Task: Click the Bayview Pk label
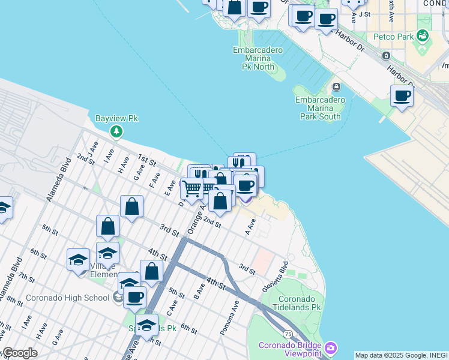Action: click(x=116, y=118)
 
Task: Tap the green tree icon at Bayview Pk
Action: click(x=116, y=131)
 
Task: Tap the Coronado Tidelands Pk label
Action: click(x=300, y=302)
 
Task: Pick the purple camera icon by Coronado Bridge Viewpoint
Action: click(x=331, y=348)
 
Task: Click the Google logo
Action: click(x=19, y=353)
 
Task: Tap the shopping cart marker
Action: click(x=191, y=189)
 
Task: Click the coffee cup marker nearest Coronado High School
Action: click(x=135, y=296)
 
